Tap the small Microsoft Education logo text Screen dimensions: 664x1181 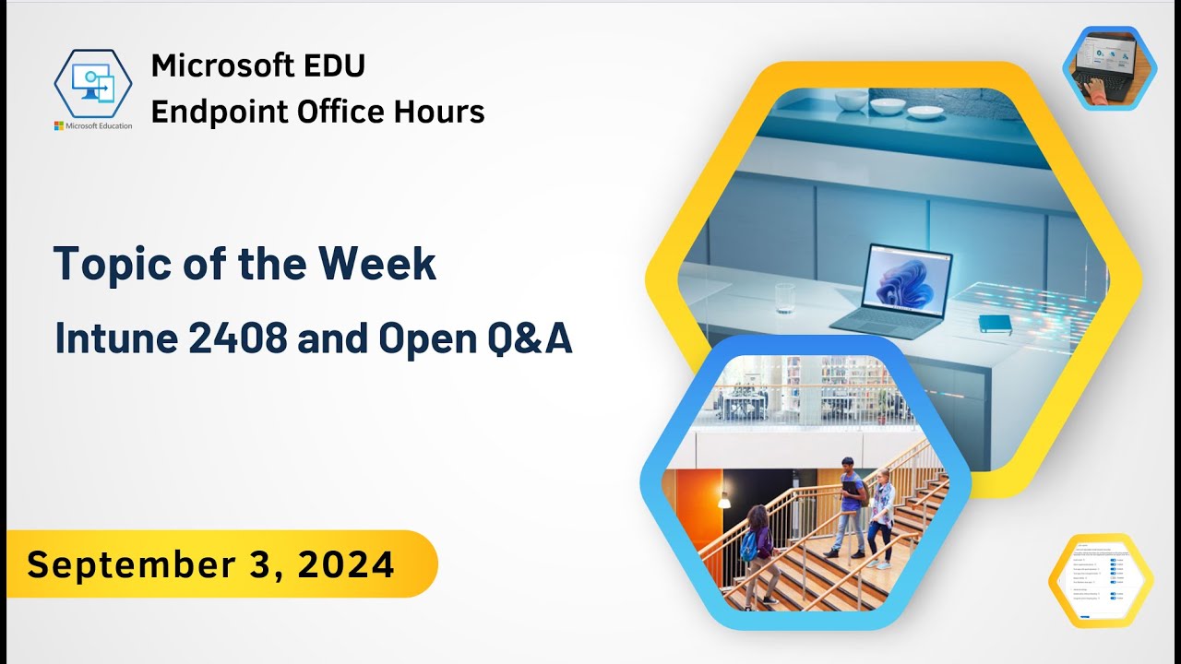(93, 125)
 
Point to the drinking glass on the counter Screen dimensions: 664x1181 (784, 297)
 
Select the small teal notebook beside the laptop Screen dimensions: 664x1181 (995, 323)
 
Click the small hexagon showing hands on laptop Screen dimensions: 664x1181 (1109, 68)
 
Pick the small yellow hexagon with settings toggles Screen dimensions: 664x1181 (1100, 581)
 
